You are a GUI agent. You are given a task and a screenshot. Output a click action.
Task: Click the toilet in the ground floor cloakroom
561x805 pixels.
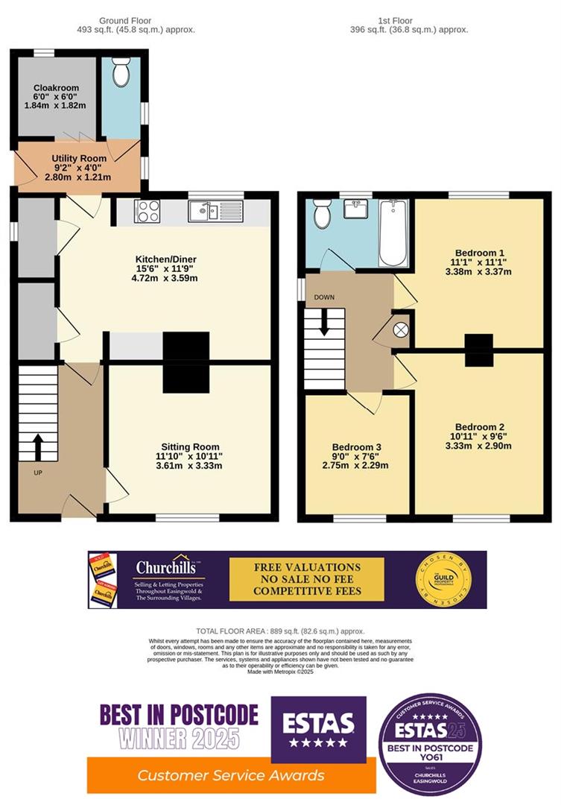120,72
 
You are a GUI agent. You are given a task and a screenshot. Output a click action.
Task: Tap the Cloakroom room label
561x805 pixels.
56,88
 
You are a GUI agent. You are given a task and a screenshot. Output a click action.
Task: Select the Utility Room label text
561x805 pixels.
78,159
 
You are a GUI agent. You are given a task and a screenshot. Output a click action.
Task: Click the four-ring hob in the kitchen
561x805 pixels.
147,211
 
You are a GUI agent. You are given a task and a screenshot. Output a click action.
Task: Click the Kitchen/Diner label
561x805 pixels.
165,259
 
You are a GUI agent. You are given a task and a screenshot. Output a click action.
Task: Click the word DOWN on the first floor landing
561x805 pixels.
324,297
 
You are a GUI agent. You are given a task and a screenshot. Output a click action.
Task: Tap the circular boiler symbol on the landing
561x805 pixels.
400,329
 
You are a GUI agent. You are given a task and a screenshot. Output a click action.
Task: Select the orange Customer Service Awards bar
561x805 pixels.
230,775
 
